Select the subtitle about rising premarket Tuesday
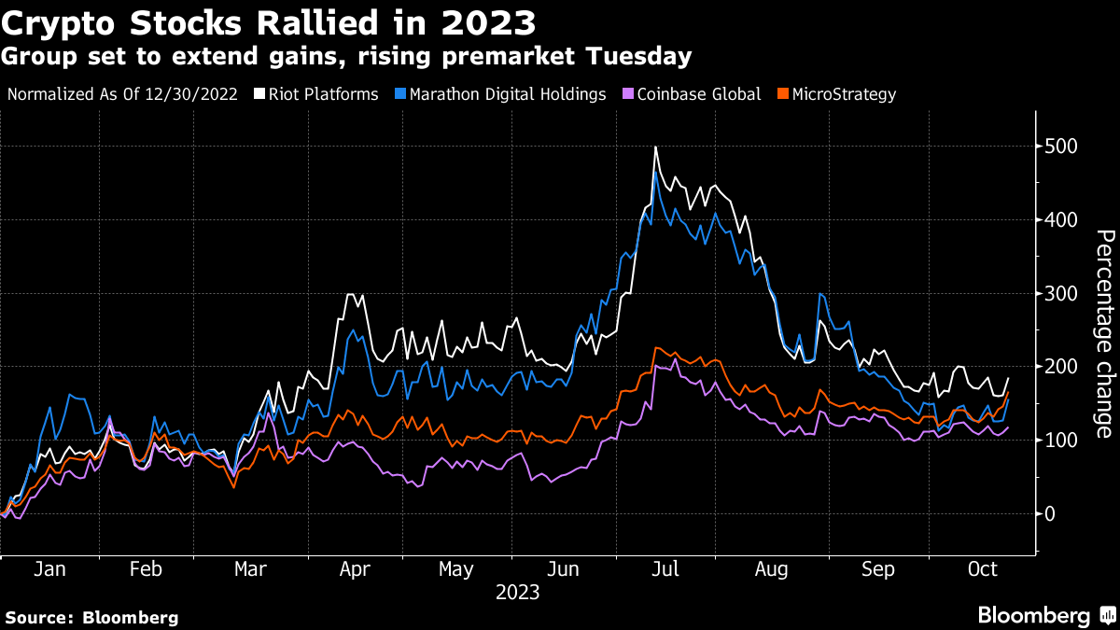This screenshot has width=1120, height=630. pyautogui.click(x=346, y=57)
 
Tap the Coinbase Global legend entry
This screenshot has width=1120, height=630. pyautogui.click(x=690, y=94)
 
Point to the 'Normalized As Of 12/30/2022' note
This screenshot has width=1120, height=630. pyautogui.click(x=122, y=94)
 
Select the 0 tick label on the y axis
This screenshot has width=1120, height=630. pyautogui.click(x=1052, y=514)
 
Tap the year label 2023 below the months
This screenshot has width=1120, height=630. pyautogui.click(x=517, y=593)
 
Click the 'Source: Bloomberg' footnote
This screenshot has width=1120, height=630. pyautogui.click(x=91, y=617)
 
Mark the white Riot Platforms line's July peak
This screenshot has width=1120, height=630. pyautogui.click(x=656, y=147)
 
